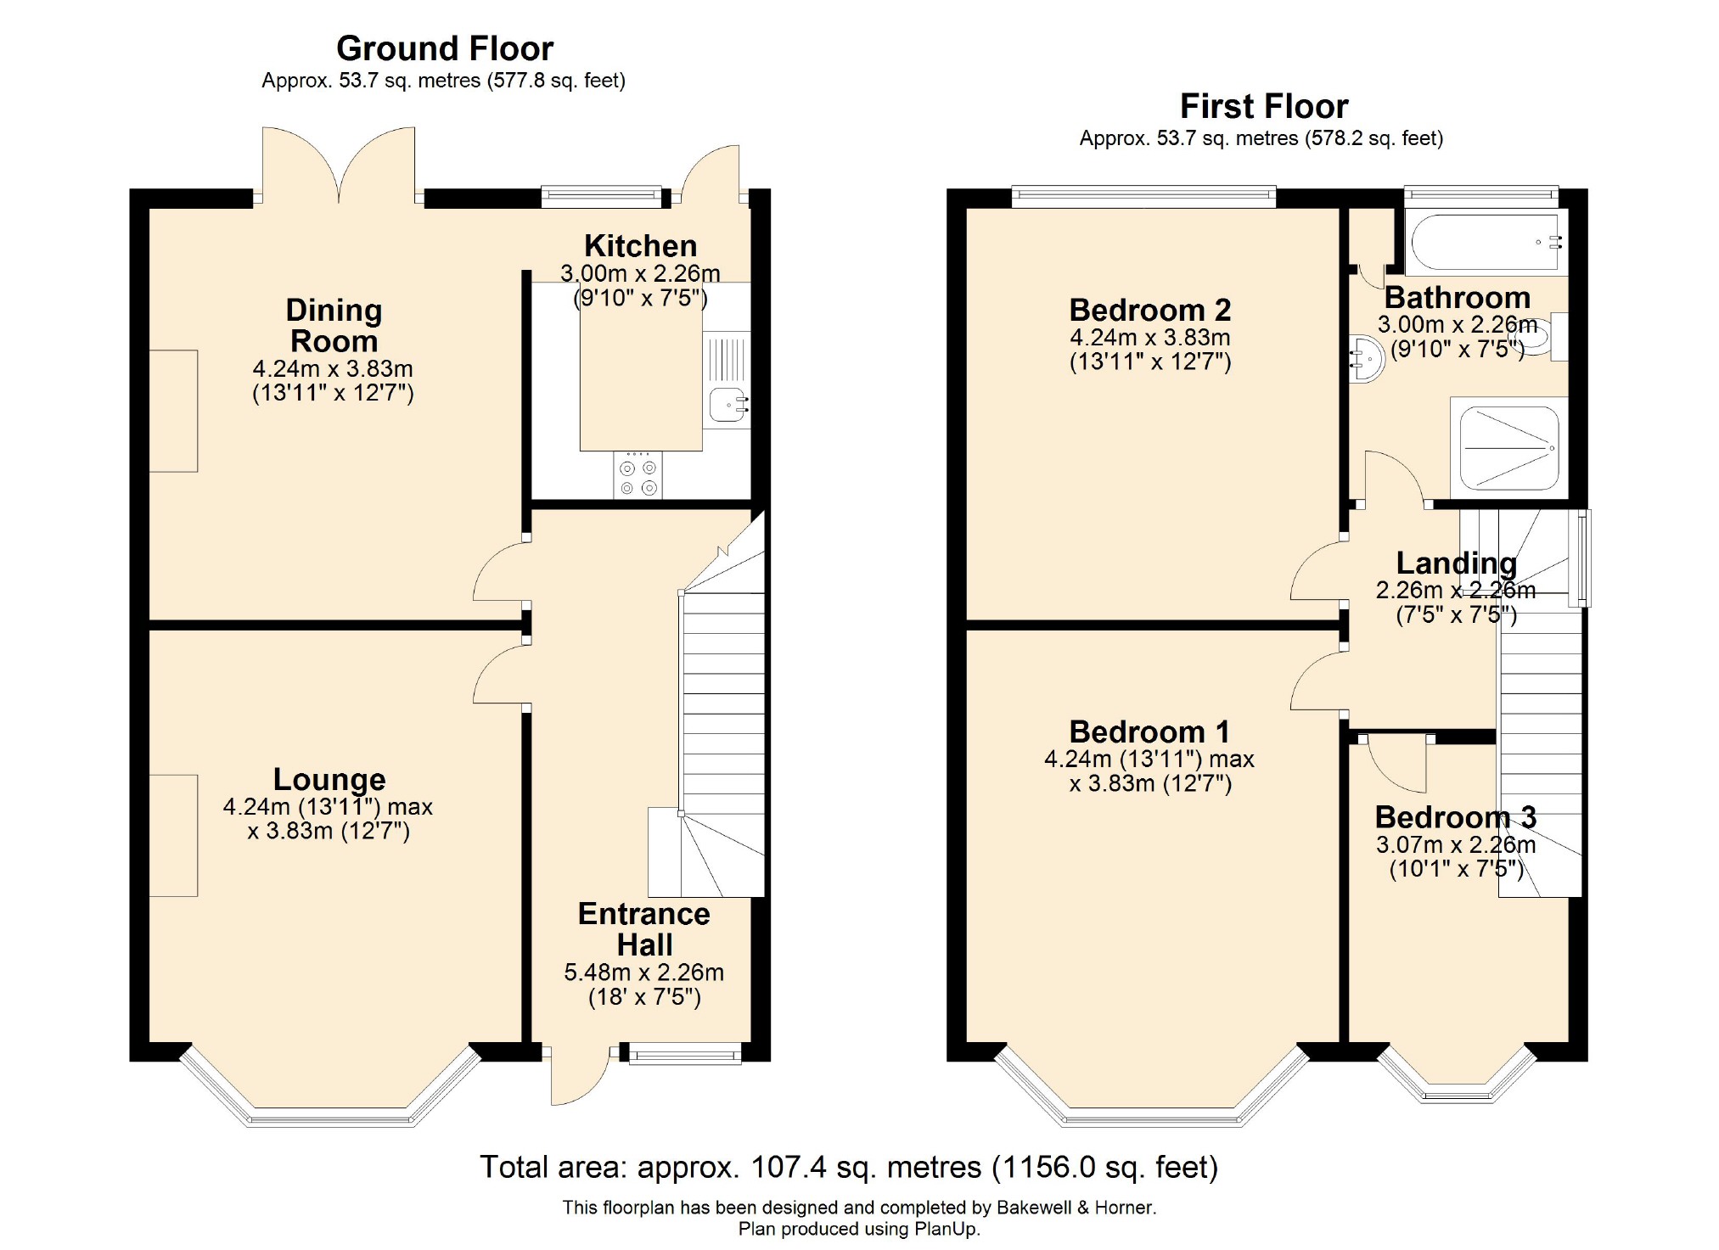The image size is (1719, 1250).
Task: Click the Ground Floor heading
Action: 445,48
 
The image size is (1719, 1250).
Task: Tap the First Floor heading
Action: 1264,106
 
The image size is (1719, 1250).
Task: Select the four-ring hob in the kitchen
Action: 638,475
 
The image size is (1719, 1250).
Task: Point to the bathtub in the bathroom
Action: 1486,242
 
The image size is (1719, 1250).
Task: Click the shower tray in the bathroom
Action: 1509,448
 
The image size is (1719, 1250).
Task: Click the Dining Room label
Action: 334,325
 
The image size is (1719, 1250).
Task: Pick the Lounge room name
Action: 329,779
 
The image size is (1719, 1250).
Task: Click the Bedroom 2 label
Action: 1150,310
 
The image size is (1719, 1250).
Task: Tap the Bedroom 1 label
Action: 1149,732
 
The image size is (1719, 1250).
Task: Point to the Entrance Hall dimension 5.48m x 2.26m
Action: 644,973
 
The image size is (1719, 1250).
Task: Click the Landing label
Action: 1457,563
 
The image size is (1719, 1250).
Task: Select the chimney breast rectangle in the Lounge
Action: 174,835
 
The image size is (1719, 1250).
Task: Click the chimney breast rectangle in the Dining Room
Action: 174,411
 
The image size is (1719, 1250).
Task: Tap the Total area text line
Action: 849,1168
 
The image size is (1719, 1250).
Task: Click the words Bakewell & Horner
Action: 1075,1207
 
